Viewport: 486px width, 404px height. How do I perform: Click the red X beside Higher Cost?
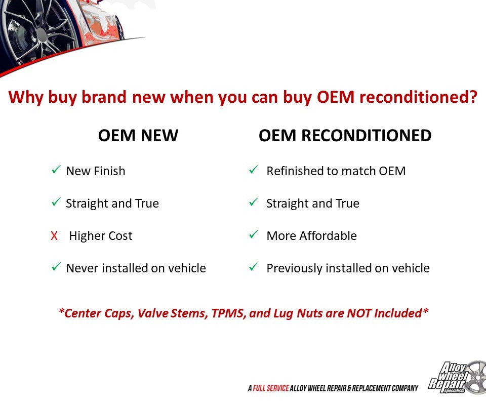point(54,236)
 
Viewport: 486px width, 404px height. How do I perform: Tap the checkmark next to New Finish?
point(56,170)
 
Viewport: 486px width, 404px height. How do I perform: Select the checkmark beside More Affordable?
point(254,234)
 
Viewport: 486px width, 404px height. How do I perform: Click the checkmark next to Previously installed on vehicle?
point(254,267)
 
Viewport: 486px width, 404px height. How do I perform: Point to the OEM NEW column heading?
point(138,136)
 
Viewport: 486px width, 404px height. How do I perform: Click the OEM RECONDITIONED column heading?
point(345,136)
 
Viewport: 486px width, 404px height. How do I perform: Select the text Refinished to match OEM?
point(336,171)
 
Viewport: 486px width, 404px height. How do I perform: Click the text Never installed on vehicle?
point(136,268)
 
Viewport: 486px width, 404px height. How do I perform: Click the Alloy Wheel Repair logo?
point(457,378)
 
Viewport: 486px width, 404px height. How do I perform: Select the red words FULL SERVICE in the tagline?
point(271,388)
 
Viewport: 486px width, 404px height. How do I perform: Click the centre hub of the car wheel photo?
point(42,34)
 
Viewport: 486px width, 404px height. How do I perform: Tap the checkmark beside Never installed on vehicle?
point(56,267)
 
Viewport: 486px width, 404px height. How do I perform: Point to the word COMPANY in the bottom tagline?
point(405,388)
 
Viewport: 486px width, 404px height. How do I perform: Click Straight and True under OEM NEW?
point(112,204)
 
